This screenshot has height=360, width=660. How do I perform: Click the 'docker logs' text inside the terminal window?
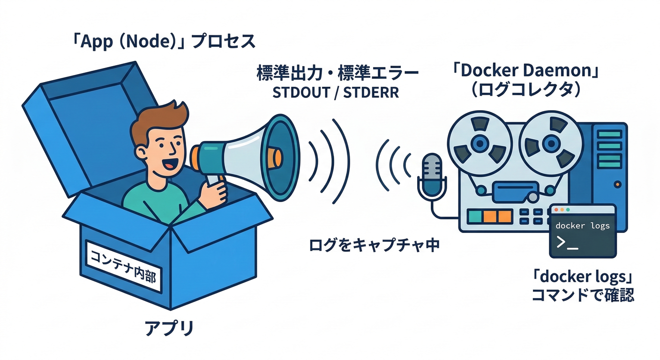point(583,225)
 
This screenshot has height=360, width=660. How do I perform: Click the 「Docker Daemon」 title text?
point(527,71)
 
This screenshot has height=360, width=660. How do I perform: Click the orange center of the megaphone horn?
point(276,156)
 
